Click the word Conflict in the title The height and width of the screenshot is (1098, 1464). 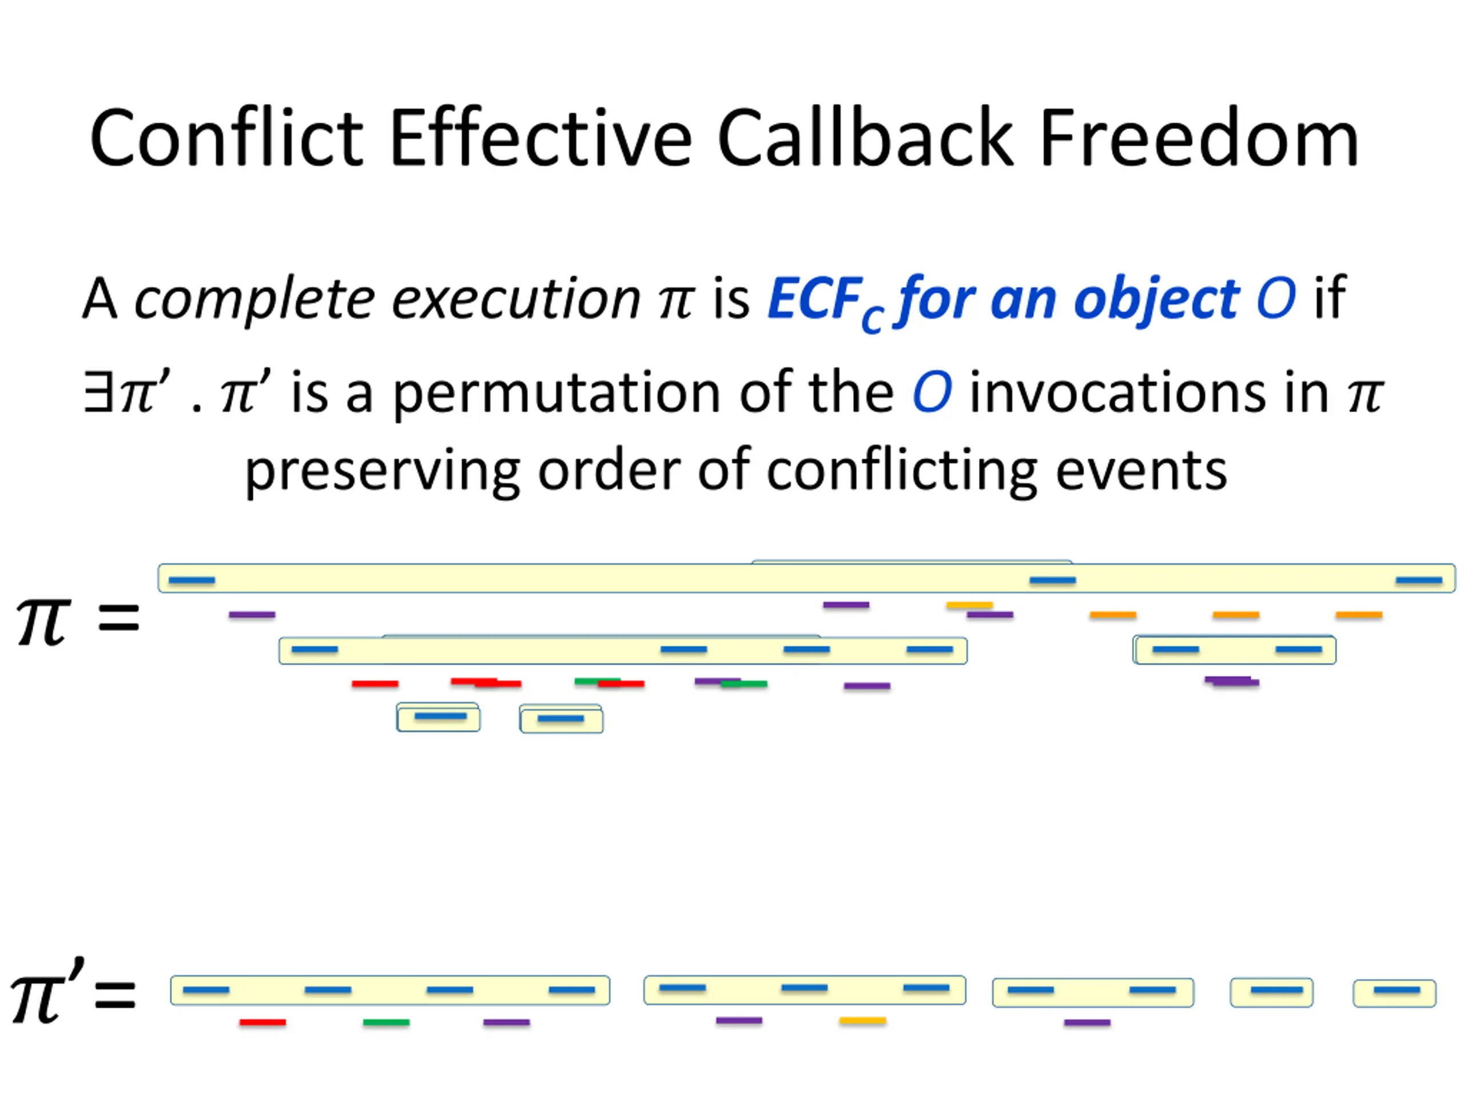click(226, 139)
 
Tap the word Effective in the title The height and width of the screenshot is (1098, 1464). click(541, 139)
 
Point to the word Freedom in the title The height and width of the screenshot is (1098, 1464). click(1199, 139)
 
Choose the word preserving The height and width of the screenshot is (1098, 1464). click(383, 471)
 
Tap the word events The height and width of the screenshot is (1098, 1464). click(1141, 471)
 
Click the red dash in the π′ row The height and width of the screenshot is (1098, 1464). click(262, 1023)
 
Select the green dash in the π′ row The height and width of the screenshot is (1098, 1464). click(386, 1023)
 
